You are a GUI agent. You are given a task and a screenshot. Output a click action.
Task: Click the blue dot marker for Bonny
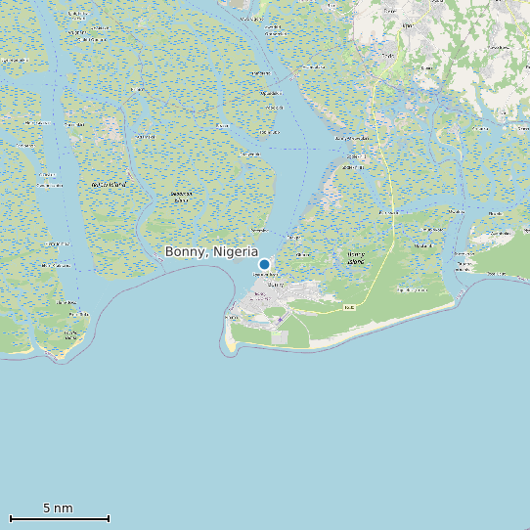coord(264,264)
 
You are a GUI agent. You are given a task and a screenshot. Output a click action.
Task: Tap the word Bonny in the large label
coord(184,251)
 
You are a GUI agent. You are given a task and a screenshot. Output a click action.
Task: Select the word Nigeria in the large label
coord(235,251)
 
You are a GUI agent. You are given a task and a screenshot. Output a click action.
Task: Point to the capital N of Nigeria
coord(217,251)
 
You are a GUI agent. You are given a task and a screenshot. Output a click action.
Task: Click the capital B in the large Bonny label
coord(169,251)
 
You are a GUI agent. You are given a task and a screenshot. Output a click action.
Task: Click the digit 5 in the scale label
coord(47,508)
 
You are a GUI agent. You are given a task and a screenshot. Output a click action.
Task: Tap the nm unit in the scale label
coord(65,508)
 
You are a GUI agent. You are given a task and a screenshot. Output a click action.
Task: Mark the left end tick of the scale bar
coord(10,518)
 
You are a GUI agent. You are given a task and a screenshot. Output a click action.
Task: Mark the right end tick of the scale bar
coord(109,518)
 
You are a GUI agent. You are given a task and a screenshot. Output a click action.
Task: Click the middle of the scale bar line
coord(59,518)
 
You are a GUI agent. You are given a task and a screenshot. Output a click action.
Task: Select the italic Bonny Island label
coord(356,259)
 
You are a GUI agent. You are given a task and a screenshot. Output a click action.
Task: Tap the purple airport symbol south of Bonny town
coord(279,320)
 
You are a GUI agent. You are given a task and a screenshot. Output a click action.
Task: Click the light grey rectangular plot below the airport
coord(281,337)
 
